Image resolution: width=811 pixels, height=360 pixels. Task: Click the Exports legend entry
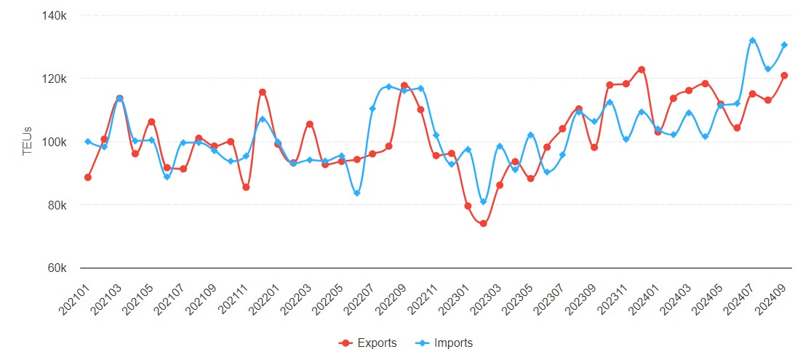click(369, 343)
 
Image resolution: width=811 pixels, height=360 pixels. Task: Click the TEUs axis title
click(28, 142)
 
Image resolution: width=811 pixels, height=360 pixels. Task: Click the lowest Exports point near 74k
click(483, 223)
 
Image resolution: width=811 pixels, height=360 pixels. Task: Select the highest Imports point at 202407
click(753, 41)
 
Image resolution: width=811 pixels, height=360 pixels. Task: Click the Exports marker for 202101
click(88, 177)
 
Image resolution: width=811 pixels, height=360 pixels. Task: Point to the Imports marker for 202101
click(88, 142)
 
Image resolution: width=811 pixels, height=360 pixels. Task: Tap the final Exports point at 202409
click(784, 76)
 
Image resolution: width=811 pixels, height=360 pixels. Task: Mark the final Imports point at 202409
click(784, 45)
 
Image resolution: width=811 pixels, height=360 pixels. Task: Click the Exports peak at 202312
click(642, 70)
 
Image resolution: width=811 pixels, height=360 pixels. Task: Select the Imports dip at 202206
click(357, 193)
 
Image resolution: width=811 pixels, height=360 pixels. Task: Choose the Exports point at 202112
click(262, 92)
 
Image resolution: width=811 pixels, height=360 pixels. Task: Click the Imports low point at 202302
click(483, 201)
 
